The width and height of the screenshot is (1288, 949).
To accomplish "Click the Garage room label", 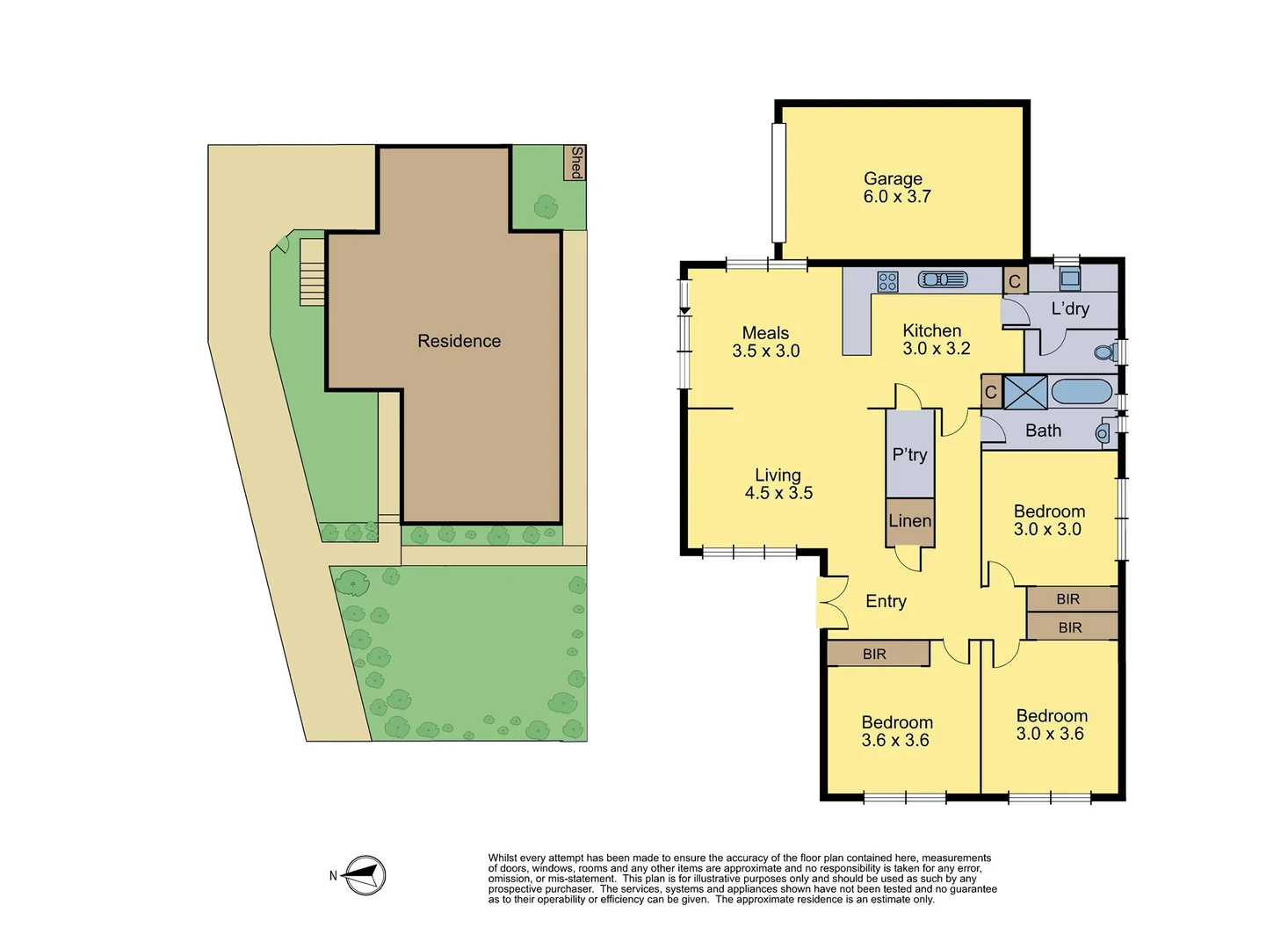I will pos(894,179).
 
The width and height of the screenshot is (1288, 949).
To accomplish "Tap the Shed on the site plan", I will pos(575,163).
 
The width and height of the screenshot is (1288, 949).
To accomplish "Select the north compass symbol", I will pos(364,875).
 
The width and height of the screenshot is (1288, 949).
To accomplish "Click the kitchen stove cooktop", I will pos(887,281).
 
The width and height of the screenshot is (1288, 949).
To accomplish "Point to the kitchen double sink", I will pos(943,279).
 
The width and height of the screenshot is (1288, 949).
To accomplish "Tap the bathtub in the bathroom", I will pos(1082,392).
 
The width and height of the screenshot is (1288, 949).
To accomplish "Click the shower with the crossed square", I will pos(1025,392).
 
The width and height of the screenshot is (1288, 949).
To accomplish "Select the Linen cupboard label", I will pos(909,521).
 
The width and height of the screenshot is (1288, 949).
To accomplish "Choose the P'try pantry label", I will pos(909,454).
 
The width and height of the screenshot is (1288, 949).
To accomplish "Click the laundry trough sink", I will pos(1069,279).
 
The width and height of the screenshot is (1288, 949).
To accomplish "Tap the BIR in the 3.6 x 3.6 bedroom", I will pos(878,654).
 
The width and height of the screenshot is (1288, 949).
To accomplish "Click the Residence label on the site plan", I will pos(459,341).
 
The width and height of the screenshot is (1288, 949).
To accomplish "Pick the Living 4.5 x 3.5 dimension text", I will pos(778,493).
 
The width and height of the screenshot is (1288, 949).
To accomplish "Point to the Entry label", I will pos(886,601).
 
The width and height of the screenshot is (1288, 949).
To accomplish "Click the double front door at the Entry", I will pos(830,602).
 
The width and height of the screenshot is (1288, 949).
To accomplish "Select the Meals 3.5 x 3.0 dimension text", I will pos(766,351).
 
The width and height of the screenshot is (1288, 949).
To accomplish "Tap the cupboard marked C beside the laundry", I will pos(1015,281).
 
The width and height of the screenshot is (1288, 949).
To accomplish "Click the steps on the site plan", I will pos(312,272).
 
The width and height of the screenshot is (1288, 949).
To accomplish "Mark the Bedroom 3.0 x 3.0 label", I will pos(1049,511).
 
